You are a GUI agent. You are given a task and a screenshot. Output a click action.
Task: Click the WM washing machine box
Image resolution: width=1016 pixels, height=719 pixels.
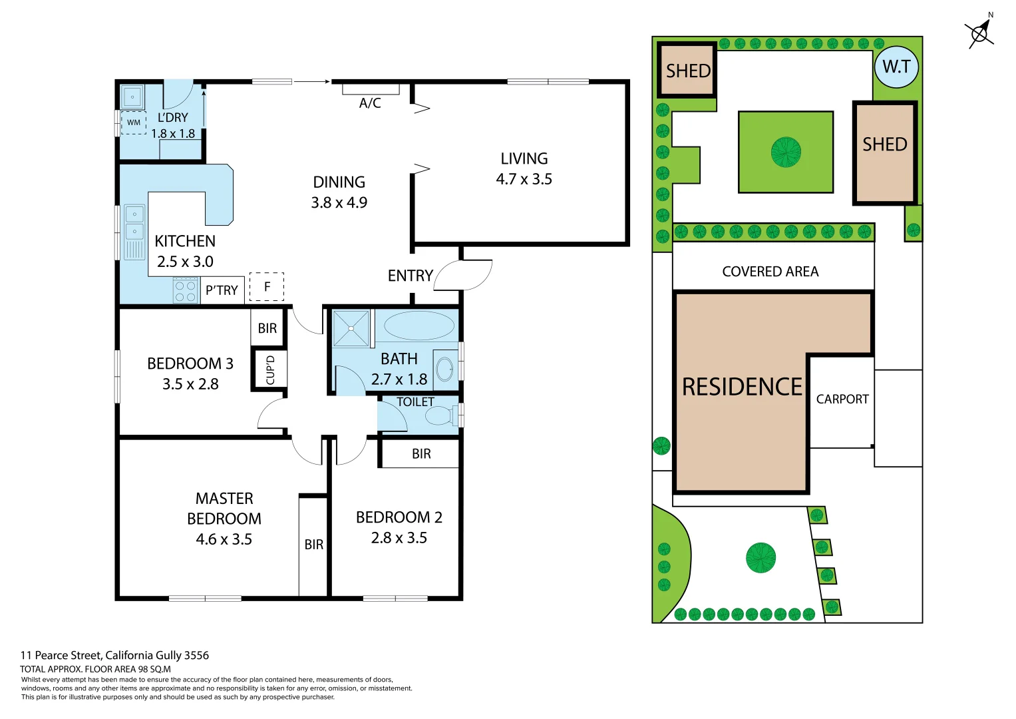(134, 122)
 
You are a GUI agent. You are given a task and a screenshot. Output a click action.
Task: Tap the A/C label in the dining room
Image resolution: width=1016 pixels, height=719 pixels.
(370, 103)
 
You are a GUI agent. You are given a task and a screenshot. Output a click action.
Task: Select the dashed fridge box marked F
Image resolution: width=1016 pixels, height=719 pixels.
(267, 287)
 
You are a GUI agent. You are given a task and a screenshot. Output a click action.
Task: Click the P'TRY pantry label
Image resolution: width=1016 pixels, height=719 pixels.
(222, 290)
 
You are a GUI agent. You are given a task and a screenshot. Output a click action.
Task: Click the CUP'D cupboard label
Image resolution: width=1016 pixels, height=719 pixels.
(270, 369)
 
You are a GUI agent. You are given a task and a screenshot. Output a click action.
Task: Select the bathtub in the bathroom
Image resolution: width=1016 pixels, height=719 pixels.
(419, 326)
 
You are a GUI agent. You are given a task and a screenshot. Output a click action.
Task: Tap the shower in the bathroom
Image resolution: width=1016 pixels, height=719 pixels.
(351, 328)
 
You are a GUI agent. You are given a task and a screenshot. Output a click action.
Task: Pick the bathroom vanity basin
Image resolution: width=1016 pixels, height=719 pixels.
(444, 368)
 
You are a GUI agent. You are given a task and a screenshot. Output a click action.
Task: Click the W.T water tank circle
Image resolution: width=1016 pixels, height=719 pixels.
(896, 67)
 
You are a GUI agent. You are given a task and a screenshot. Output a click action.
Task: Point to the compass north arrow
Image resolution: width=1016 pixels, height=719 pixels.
(979, 32)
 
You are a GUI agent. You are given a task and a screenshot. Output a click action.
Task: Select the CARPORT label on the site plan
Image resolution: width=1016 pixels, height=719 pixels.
(842, 399)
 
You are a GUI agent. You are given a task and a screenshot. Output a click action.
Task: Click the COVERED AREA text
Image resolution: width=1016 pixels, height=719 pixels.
(770, 272)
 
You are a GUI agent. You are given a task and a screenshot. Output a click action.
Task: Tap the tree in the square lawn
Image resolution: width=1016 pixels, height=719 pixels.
(786, 152)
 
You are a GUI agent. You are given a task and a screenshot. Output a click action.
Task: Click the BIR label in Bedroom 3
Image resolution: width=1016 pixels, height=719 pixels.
(267, 328)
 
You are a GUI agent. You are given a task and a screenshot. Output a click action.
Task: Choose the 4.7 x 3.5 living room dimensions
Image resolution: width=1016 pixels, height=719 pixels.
(524, 179)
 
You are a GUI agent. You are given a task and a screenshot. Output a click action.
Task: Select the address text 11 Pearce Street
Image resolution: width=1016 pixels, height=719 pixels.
(114, 655)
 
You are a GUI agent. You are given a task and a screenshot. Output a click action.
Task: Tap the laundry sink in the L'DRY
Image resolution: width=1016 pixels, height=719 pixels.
(132, 97)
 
